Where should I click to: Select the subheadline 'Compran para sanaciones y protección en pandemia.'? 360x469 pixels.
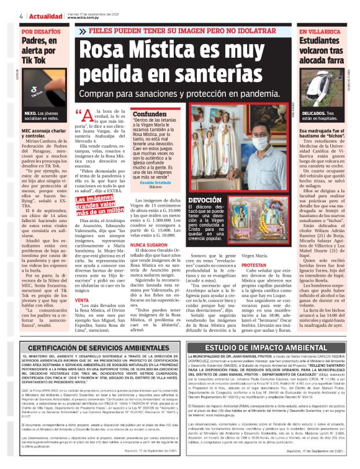pyautogui.click(x=184, y=94)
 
